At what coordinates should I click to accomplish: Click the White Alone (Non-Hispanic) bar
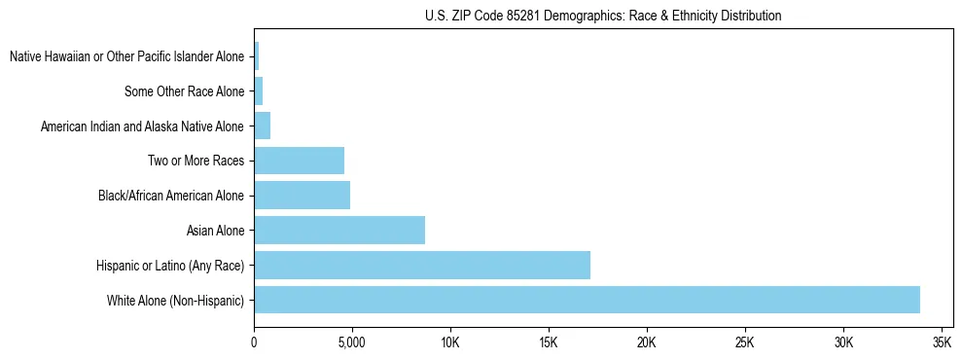(587, 300)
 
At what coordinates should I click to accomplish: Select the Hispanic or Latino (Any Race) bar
(422, 265)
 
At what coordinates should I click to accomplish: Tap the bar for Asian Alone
(339, 231)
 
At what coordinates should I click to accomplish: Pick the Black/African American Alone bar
(302, 196)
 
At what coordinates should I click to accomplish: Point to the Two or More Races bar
(299, 161)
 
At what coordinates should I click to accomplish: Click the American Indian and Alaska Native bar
(262, 126)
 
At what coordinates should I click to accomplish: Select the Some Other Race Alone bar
(258, 91)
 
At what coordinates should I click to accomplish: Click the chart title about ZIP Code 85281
(603, 16)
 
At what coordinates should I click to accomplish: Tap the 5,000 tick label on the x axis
(351, 343)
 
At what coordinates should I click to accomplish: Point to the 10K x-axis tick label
(449, 343)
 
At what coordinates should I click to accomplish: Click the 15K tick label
(548, 343)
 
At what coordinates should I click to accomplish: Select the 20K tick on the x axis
(646, 343)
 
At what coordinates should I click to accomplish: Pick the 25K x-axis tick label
(745, 343)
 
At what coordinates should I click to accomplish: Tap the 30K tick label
(843, 343)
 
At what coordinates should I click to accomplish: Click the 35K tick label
(942, 343)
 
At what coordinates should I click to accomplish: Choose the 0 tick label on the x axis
(254, 343)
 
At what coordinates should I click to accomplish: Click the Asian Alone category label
(215, 231)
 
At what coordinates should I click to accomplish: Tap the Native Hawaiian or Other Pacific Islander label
(126, 56)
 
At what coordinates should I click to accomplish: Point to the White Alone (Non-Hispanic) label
(175, 300)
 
